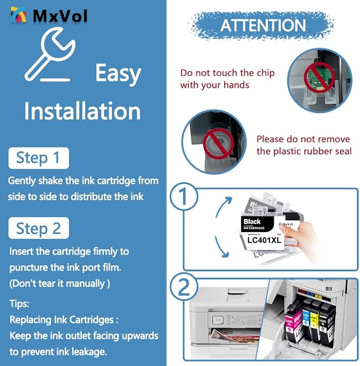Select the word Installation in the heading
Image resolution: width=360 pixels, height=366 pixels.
click(82, 111)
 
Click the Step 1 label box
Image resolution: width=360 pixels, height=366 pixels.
click(38, 158)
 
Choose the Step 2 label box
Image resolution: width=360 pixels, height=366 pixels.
click(39, 229)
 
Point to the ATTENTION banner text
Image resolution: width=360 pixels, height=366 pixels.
click(263, 25)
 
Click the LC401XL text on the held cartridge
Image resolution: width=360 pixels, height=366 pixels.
click(264, 240)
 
